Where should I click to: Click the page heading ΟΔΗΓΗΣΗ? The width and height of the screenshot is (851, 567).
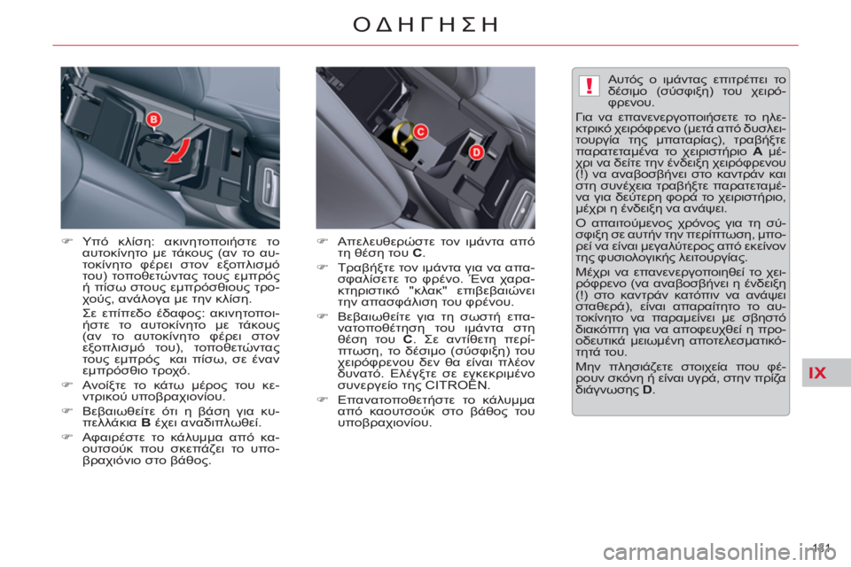coord(425,24)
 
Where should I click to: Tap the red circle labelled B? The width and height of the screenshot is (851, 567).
coord(153,119)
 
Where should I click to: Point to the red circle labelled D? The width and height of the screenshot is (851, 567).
coord(475,152)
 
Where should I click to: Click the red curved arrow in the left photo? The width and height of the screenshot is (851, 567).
coord(181,151)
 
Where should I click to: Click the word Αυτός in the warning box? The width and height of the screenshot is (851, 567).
coord(624,78)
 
